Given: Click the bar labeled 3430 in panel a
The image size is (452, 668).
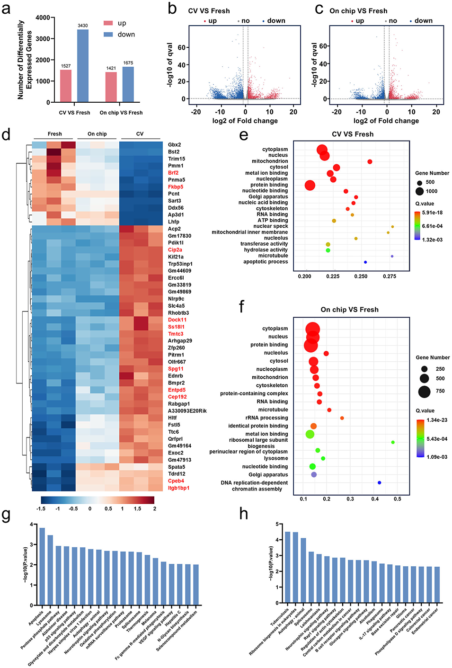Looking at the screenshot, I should (83, 66).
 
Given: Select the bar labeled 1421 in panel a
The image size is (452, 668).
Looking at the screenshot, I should (111, 87).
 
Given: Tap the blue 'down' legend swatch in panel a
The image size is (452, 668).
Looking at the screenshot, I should (108, 35).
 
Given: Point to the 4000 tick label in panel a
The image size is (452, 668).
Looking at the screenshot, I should (43, 18).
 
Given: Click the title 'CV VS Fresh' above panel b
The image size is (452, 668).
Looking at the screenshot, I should (209, 11).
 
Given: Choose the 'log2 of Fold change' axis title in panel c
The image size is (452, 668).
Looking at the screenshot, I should (386, 121).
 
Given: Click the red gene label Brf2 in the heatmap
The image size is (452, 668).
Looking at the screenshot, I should (173, 173).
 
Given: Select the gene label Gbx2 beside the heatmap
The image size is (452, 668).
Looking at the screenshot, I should (174, 145).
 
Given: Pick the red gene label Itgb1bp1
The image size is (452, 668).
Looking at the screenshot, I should (178, 488).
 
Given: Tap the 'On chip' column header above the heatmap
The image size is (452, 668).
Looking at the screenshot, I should (97, 134).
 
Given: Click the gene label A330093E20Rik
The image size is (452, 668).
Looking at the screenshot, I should (187, 411).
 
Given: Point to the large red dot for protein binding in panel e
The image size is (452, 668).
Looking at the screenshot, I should (310, 185).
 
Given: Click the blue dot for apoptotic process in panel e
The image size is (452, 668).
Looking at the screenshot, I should (365, 262).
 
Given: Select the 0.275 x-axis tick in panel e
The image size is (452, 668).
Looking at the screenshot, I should (389, 276).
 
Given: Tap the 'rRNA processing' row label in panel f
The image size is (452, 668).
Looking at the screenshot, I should (266, 418).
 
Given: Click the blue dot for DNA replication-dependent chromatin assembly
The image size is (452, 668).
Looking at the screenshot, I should (380, 482).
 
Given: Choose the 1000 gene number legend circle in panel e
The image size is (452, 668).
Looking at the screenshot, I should (420, 191).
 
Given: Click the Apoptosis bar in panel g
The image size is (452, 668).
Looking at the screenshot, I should (42, 566).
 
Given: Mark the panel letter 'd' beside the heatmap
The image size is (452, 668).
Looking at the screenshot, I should (6, 135).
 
